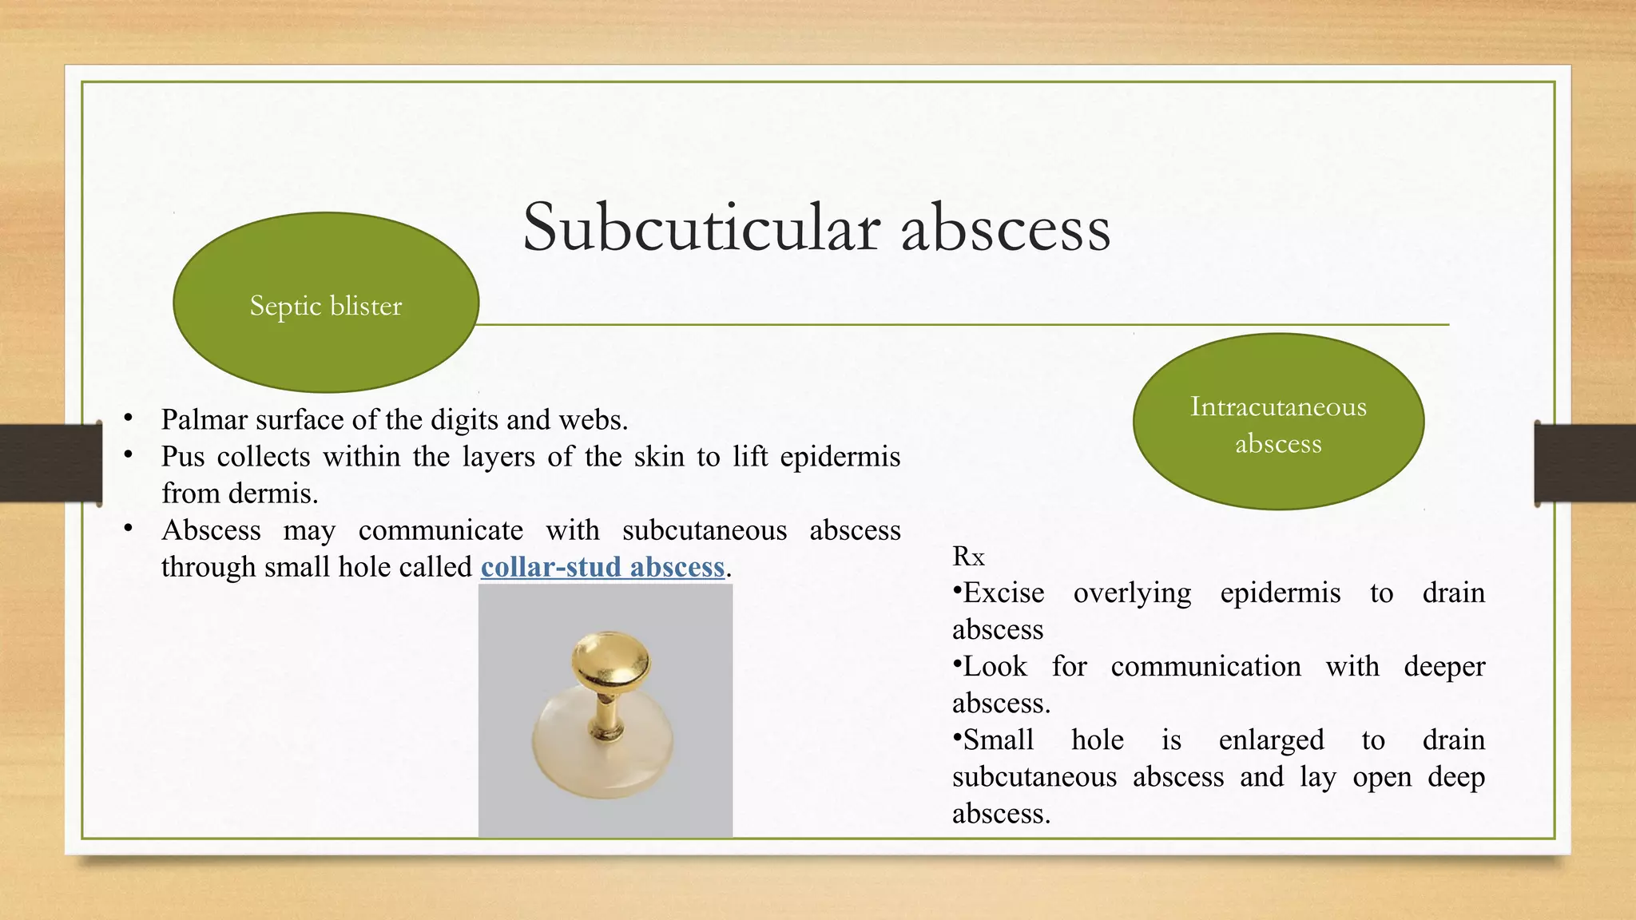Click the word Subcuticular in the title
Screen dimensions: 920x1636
[x=701, y=228]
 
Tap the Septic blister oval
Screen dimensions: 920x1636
[x=326, y=303]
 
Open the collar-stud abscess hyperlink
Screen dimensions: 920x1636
[x=602, y=567]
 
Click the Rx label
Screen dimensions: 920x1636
[x=968, y=557]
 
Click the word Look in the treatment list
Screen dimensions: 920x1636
[x=995, y=667]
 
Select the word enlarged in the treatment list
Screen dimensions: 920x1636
[x=1271, y=741]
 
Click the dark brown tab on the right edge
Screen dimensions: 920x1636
[x=1585, y=463]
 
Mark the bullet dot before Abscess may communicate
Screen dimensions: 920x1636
[x=128, y=528]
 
